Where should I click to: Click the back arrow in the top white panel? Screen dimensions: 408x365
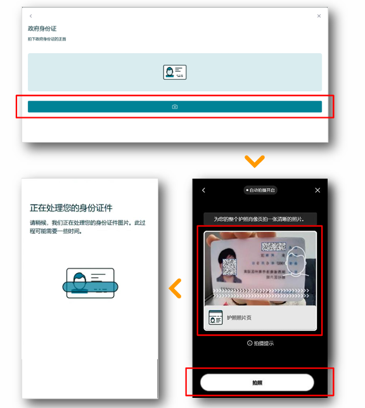click(x=30, y=16)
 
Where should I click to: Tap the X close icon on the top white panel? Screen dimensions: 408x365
click(x=319, y=16)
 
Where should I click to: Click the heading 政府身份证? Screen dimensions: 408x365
click(x=42, y=29)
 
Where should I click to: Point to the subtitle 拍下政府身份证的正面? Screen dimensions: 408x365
click(x=47, y=39)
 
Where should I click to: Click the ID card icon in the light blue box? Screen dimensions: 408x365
click(x=175, y=72)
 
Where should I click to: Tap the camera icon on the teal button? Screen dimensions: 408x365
click(x=175, y=107)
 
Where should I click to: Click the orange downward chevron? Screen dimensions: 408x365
click(x=254, y=162)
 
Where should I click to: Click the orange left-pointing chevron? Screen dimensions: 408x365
click(x=176, y=288)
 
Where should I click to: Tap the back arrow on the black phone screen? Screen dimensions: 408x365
click(x=203, y=190)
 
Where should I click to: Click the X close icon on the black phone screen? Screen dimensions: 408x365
click(x=317, y=190)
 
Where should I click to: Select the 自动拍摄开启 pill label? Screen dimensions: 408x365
click(x=261, y=190)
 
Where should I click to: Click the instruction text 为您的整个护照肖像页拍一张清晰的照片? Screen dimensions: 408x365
click(x=259, y=219)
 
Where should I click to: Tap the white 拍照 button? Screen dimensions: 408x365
click(x=257, y=383)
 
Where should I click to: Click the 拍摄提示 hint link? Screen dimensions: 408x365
click(x=260, y=343)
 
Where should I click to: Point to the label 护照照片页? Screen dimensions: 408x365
click(x=240, y=317)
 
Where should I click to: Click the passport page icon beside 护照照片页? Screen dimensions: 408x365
click(x=215, y=317)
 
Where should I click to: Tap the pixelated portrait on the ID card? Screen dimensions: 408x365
click(x=227, y=266)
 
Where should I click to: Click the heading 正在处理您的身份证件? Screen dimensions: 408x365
click(x=71, y=208)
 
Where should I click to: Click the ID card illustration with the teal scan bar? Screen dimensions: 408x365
click(x=90, y=286)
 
